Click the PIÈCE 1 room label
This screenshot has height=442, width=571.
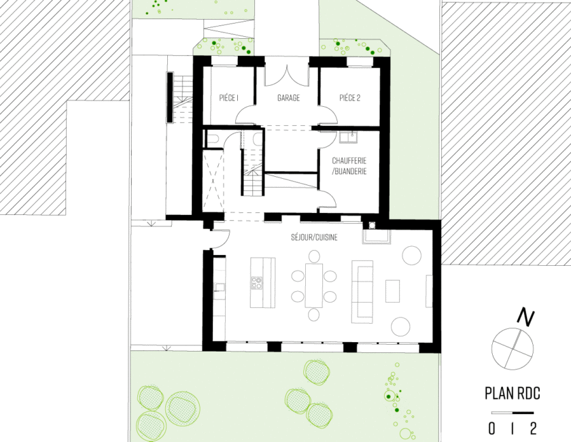(x=228, y=98)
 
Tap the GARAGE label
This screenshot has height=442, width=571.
(x=288, y=98)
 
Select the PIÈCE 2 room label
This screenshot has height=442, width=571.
(x=349, y=98)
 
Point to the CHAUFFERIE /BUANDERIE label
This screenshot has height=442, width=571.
(x=349, y=166)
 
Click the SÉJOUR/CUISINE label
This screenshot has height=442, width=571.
(x=314, y=237)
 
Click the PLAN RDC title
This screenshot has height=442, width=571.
(x=513, y=394)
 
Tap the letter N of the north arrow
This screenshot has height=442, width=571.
(x=525, y=317)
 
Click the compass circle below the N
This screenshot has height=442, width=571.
(x=513, y=348)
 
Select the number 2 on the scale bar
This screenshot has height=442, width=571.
(x=533, y=428)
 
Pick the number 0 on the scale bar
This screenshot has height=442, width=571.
(x=491, y=428)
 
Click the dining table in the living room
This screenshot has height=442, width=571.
(x=314, y=286)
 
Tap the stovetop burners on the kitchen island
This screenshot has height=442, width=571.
(x=256, y=283)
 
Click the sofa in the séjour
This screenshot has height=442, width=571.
(x=362, y=292)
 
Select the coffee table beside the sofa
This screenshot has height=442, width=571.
(x=393, y=291)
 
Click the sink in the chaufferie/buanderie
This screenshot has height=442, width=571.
(x=349, y=137)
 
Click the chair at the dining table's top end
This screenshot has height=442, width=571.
(x=314, y=256)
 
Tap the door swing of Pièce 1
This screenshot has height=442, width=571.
(x=245, y=115)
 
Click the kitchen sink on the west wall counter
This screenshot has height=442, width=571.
(x=220, y=288)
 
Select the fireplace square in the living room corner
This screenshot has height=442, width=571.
(x=372, y=225)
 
